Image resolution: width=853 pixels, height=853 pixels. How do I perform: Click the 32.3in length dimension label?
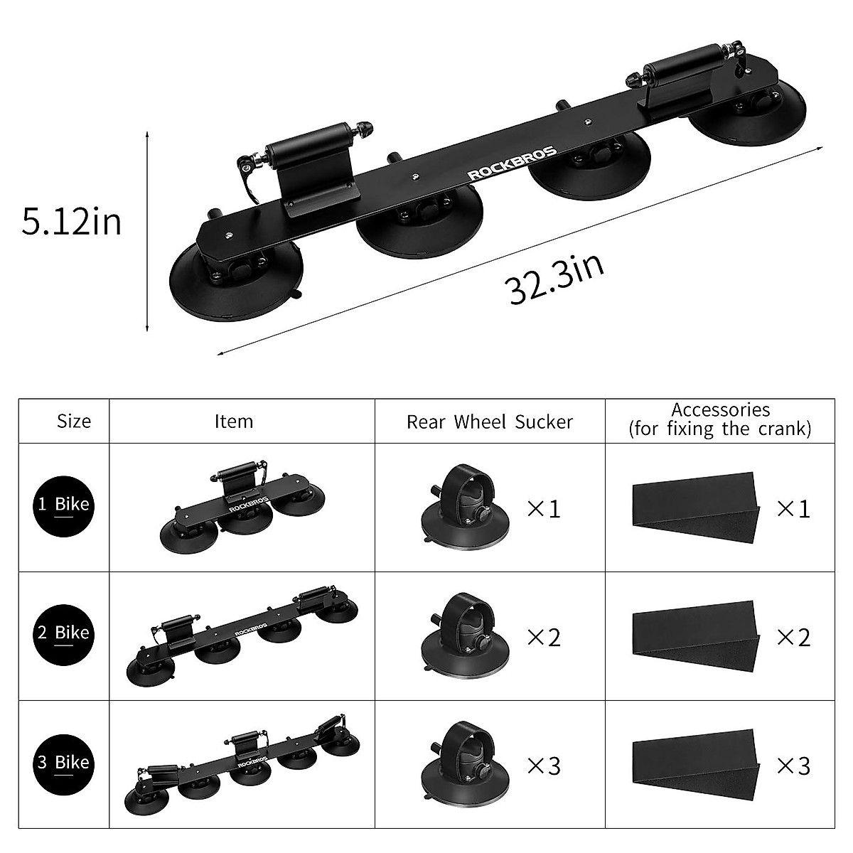[x=557, y=279]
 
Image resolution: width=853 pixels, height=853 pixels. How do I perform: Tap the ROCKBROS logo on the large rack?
[x=511, y=163]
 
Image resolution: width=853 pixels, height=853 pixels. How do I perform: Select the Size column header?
[x=74, y=421]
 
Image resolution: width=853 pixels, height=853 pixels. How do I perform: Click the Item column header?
[x=234, y=421]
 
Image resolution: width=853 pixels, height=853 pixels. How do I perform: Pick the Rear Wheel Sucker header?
[x=489, y=422]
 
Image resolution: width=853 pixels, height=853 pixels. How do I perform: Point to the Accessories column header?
[x=720, y=419]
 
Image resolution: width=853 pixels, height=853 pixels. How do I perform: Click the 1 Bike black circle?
[x=63, y=505]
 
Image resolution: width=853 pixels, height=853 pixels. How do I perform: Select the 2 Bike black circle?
[x=63, y=633]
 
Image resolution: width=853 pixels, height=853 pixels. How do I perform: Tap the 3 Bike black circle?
[x=63, y=763]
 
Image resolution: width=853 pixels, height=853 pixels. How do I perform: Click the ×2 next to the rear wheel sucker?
[x=543, y=637]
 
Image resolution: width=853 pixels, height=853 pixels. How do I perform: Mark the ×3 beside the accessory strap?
[x=793, y=766]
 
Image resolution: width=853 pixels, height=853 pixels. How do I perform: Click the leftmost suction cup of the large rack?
[x=235, y=279]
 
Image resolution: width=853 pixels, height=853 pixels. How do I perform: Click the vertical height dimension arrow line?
[x=147, y=231]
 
